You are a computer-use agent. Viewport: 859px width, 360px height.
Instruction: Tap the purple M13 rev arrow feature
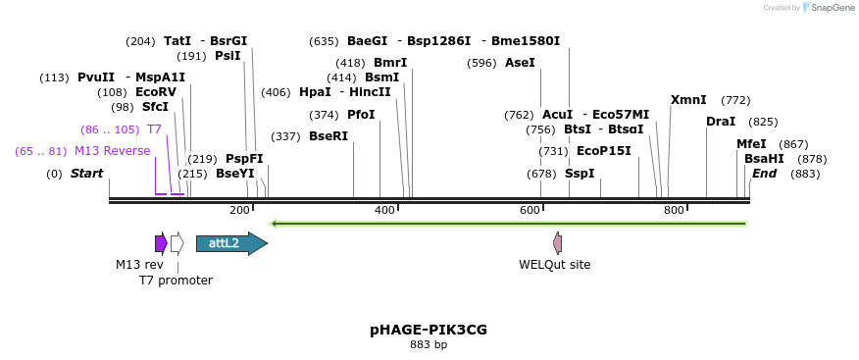click(161, 243)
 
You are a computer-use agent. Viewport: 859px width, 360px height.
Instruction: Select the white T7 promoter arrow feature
click(177, 243)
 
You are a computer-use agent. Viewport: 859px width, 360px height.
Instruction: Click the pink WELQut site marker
click(558, 243)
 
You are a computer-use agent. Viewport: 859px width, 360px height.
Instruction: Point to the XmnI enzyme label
click(688, 100)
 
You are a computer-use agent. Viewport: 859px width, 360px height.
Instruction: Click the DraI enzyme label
click(721, 122)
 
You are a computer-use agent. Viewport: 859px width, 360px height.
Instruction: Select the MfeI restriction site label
click(751, 143)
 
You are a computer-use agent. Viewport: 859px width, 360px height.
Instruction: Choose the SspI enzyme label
click(580, 174)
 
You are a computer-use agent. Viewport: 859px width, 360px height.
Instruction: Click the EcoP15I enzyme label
click(603, 151)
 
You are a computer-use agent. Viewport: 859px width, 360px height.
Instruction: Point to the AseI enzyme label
click(520, 63)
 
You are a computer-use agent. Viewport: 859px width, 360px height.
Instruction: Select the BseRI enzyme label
click(328, 136)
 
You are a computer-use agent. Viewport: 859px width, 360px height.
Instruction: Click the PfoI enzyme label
click(361, 115)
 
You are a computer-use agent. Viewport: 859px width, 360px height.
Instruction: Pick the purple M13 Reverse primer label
click(112, 151)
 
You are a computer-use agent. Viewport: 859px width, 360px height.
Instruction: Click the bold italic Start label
click(86, 174)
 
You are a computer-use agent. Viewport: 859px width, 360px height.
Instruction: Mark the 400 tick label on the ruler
click(384, 211)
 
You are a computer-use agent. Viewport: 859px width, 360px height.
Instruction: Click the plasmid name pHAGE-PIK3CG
click(429, 330)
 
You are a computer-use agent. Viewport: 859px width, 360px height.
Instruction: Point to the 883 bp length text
click(429, 344)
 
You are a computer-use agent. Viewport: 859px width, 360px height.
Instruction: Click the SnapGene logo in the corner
click(824, 8)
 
